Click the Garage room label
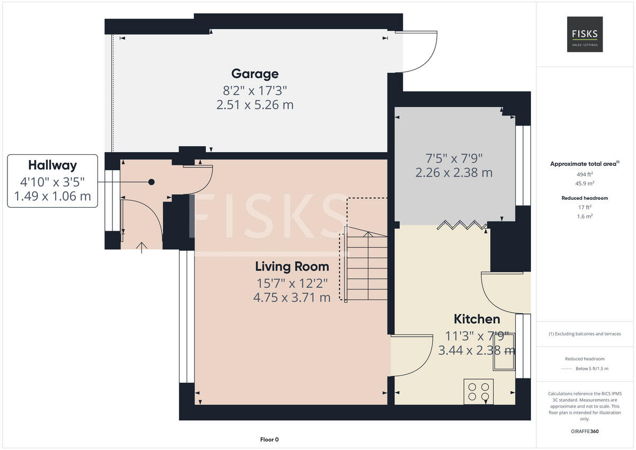(x=254, y=74)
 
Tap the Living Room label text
(x=291, y=266)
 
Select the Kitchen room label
(x=476, y=319)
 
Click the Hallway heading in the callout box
(x=52, y=165)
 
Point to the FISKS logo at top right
(x=585, y=34)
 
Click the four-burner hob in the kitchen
(x=478, y=391)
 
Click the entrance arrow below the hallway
(x=142, y=247)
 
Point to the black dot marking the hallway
(x=152, y=182)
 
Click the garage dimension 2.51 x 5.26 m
(x=254, y=105)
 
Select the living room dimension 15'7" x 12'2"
(x=291, y=283)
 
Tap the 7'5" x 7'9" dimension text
(x=454, y=157)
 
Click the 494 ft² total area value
(x=585, y=174)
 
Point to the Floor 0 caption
(x=269, y=439)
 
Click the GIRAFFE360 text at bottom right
(x=585, y=431)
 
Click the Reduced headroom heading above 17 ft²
(x=585, y=198)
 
